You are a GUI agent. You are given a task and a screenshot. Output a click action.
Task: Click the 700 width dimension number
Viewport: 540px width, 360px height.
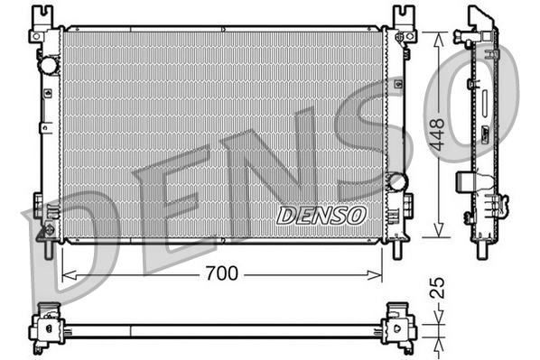coord(221,273)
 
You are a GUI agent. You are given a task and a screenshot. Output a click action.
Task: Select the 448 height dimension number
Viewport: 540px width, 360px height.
coord(438,134)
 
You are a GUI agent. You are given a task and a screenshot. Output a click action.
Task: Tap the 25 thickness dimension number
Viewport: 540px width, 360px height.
coord(438,289)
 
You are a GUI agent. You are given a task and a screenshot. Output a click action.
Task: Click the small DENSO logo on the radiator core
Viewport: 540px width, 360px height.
coord(321,216)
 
